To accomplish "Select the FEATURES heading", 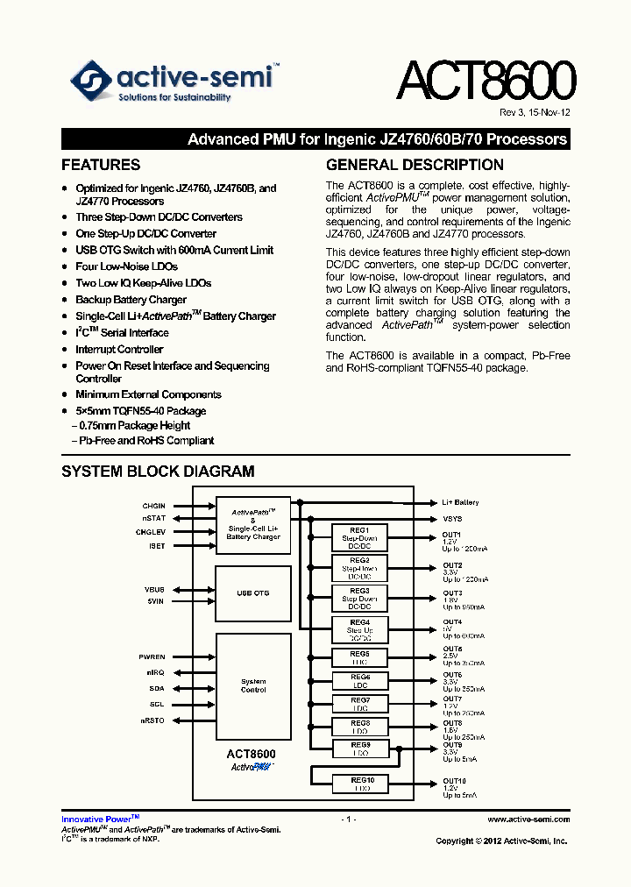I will click(101, 165).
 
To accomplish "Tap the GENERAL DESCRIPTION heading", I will click(415, 165).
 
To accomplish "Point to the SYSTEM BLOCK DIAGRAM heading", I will click(158, 472).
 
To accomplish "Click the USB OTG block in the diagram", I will click(253, 593).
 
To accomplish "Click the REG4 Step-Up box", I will click(359, 629).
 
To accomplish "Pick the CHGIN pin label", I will click(153, 506).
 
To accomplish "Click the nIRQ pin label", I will click(155, 672).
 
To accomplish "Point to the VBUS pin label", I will click(154, 589).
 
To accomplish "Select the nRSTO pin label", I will click(153, 720).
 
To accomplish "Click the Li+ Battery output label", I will click(460, 503).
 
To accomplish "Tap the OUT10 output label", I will click(454, 780).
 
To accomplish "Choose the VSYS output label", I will click(452, 519).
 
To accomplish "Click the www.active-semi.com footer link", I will click(528, 820).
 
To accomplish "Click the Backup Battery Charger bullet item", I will click(131, 300).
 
